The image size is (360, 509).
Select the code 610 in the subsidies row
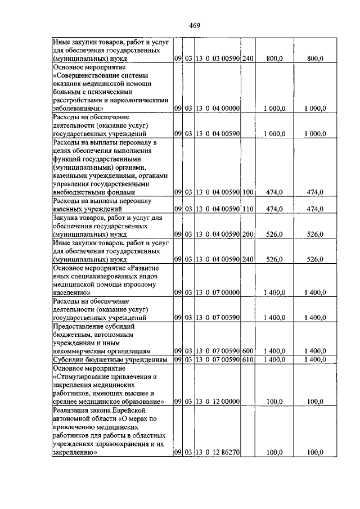[248, 359]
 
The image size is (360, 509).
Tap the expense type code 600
[248, 350]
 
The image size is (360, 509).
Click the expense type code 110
[248, 208]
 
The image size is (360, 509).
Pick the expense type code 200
[248, 234]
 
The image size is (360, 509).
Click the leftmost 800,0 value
[274, 57]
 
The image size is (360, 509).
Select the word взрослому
[139, 284]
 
